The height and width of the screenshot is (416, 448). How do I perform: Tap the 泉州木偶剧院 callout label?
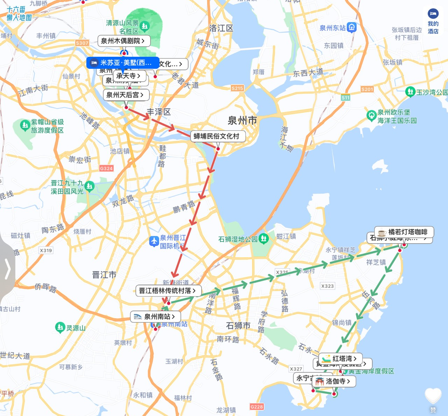(x=124, y=41)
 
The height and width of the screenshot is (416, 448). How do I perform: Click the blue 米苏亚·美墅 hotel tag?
(x=122, y=63)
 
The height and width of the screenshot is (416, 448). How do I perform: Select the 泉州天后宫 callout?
(x=125, y=95)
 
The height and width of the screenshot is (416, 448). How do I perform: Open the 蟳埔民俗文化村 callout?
(x=217, y=136)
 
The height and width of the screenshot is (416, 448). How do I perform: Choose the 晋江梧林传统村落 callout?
(x=168, y=291)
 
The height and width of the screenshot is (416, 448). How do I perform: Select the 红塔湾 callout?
(x=341, y=359)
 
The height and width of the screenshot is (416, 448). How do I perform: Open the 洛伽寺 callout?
(x=334, y=381)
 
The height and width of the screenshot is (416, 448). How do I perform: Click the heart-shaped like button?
(x=433, y=396)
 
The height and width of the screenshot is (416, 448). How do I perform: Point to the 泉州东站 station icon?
(x=352, y=28)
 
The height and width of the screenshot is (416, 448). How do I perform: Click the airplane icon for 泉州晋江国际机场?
(x=154, y=241)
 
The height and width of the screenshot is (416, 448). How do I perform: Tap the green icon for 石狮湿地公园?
(x=264, y=239)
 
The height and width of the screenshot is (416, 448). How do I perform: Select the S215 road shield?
(x=237, y=88)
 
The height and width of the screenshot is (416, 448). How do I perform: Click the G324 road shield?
(x=106, y=168)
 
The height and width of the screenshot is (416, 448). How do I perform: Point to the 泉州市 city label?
(x=242, y=121)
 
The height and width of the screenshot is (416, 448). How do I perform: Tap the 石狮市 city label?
(x=238, y=326)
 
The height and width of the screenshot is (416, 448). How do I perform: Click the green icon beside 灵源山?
(x=60, y=327)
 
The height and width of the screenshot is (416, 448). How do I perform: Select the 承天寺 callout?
(x=128, y=76)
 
